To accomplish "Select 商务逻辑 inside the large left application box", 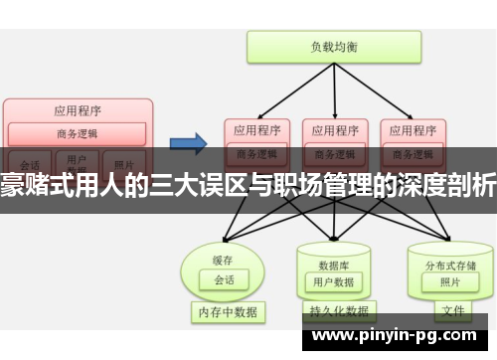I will [x=79, y=132].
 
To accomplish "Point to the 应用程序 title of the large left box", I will [x=79, y=110].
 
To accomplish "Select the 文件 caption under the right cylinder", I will [x=452, y=311].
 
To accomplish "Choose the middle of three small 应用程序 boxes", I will [x=333, y=130].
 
